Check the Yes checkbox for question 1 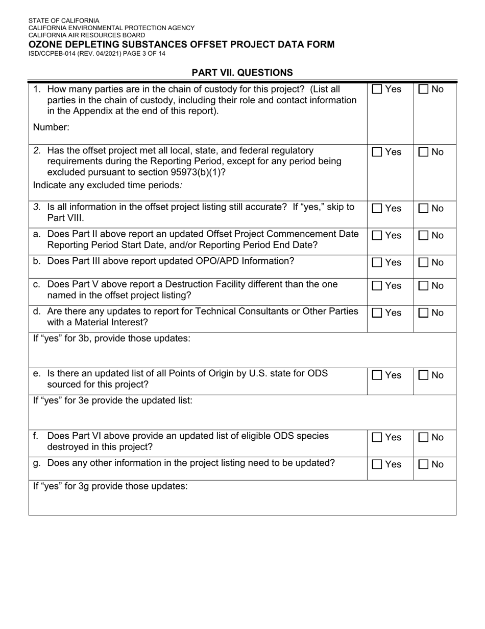pos(377,89)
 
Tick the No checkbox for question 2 pos(423,152)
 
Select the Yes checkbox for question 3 pos(377,209)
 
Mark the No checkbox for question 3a pos(423,236)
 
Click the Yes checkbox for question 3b pos(377,263)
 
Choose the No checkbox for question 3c pos(423,286)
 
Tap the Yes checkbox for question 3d pos(377,313)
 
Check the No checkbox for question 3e pos(423,375)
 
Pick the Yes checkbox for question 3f pos(377,438)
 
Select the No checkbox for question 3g pos(423,465)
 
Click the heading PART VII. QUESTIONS pos(242,73)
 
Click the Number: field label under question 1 pos(51,127)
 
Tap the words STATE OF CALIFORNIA pos(64,21)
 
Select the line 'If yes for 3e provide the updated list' pos(112,400)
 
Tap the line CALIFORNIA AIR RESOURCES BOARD pos(86,35)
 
